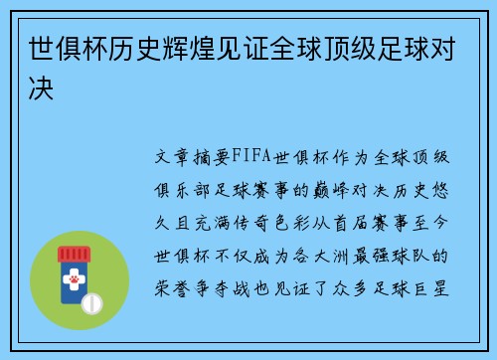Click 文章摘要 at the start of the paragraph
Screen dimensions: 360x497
click(x=195, y=156)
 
